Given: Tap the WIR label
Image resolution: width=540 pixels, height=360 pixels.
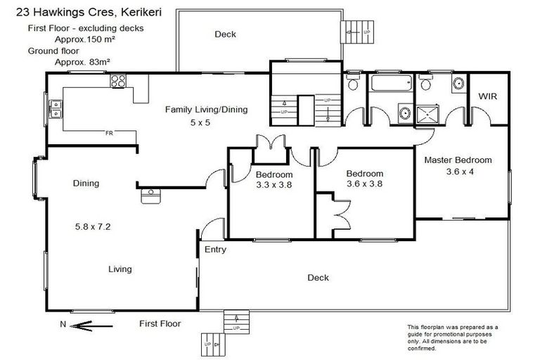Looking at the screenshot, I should (x=489, y=96).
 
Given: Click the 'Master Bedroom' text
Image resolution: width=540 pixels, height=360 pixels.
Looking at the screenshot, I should (x=458, y=160).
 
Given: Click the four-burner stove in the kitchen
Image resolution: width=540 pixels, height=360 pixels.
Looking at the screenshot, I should (x=118, y=82).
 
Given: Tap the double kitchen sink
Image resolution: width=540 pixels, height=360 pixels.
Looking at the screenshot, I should (x=55, y=108).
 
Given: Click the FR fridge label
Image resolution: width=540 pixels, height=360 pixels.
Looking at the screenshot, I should (x=109, y=132).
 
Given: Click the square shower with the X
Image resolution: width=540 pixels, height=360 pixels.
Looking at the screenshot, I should (x=428, y=112).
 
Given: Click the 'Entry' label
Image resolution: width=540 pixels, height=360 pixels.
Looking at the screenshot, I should (x=215, y=250).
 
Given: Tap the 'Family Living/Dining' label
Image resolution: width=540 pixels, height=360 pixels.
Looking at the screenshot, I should (x=206, y=109).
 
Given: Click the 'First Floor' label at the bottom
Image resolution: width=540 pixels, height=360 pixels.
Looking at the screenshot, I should (x=160, y=323).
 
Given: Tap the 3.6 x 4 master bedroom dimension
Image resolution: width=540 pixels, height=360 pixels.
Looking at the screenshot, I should (x=458, y=171).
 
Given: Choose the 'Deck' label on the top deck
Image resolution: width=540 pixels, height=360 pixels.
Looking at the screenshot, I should (x=225, y=34).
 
